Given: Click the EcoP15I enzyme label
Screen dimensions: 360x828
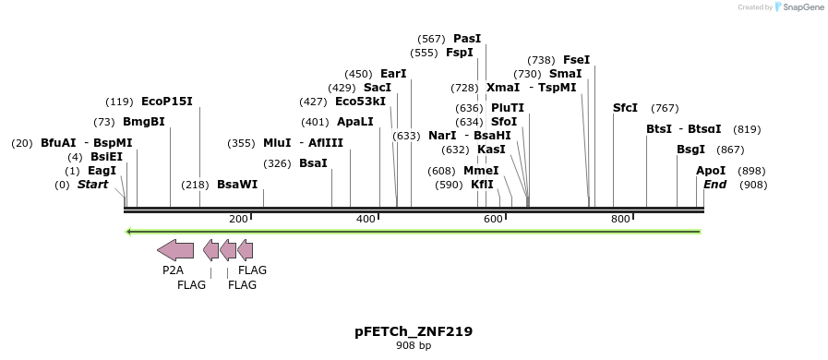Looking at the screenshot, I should (167, 102).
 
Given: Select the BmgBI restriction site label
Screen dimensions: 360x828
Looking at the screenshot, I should (143, 122).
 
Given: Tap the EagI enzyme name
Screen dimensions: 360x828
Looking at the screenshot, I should (102, 171).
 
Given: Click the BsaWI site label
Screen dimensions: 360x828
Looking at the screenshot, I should (237, 185).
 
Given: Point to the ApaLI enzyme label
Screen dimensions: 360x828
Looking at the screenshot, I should (355, 122).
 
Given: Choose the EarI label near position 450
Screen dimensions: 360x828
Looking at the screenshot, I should (393, 74).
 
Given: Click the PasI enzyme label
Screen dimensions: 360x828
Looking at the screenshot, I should (467, 39).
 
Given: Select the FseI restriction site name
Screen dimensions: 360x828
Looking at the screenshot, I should (576, 60).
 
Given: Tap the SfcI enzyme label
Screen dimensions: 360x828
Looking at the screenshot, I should (625, 108).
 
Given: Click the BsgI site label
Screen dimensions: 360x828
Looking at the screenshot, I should (690, 150).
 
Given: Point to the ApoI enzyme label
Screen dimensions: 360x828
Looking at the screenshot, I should (711, 171).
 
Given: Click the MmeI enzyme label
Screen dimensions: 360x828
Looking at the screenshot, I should (481, 171).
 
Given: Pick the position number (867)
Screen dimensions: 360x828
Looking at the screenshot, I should (730, 150).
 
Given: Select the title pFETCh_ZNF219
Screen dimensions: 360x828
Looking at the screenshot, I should (414, 331).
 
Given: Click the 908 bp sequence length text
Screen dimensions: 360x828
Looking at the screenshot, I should (414, 346).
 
